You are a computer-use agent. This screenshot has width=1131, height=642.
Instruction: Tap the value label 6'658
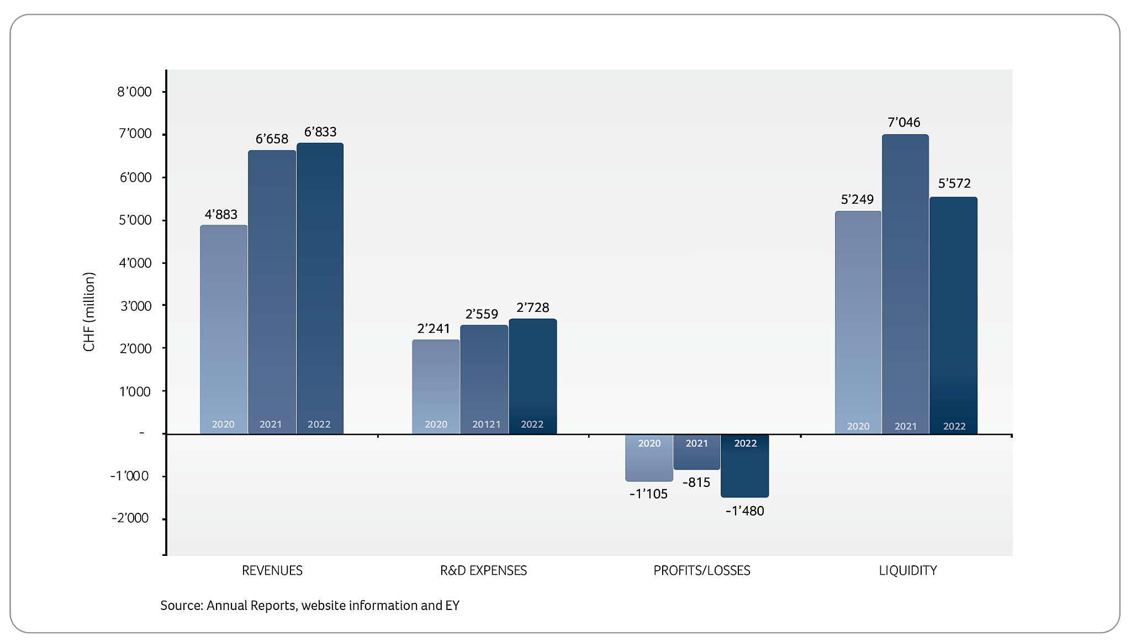point(272,139)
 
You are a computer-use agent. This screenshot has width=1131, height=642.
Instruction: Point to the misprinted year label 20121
point(486,425)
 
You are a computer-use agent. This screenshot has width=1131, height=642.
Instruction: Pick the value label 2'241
point(434,329)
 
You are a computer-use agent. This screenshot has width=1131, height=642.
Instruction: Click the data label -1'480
point(744,511)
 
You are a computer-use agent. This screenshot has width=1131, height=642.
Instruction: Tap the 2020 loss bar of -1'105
point(649,458)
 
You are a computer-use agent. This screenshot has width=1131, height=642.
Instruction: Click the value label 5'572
point(954,183)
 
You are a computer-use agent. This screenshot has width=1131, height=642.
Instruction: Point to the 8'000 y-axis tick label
point(134,92)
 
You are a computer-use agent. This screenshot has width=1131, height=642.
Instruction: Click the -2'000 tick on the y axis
point(130,518)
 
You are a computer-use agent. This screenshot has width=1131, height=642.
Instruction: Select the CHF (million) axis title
point(89,312)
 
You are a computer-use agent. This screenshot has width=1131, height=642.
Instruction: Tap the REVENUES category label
point(272,571)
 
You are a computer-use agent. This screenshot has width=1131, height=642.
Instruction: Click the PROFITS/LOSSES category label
point(701,571)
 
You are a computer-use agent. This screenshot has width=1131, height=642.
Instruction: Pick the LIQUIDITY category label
point(907,571)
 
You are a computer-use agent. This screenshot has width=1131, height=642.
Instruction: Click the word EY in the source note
point(452,606)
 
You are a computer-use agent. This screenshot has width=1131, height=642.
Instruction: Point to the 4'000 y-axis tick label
point(135,263)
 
